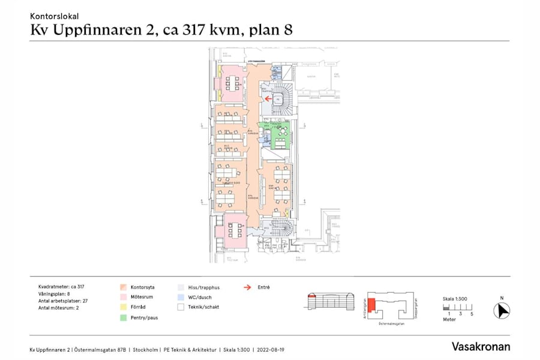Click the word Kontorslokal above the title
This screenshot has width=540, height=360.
click(x=54, y=17)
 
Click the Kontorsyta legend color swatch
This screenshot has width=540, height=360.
click(x=122, y=287)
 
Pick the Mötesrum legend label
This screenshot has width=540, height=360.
click(x=142, y=297)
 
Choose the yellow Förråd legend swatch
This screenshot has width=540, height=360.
click(x=122, y=307)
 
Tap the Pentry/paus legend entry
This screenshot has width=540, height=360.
click(x=145, y=317)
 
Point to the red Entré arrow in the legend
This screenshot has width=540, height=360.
click(x=247, y=287)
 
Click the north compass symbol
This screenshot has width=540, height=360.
click(x=502, y=311)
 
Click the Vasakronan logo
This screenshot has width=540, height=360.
click(x=481, y=347)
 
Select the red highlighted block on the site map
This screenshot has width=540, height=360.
click(x=373, y=305)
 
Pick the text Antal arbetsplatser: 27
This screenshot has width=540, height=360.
click(x=63, y=301)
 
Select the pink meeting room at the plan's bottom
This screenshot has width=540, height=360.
click(x=232, y=229)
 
